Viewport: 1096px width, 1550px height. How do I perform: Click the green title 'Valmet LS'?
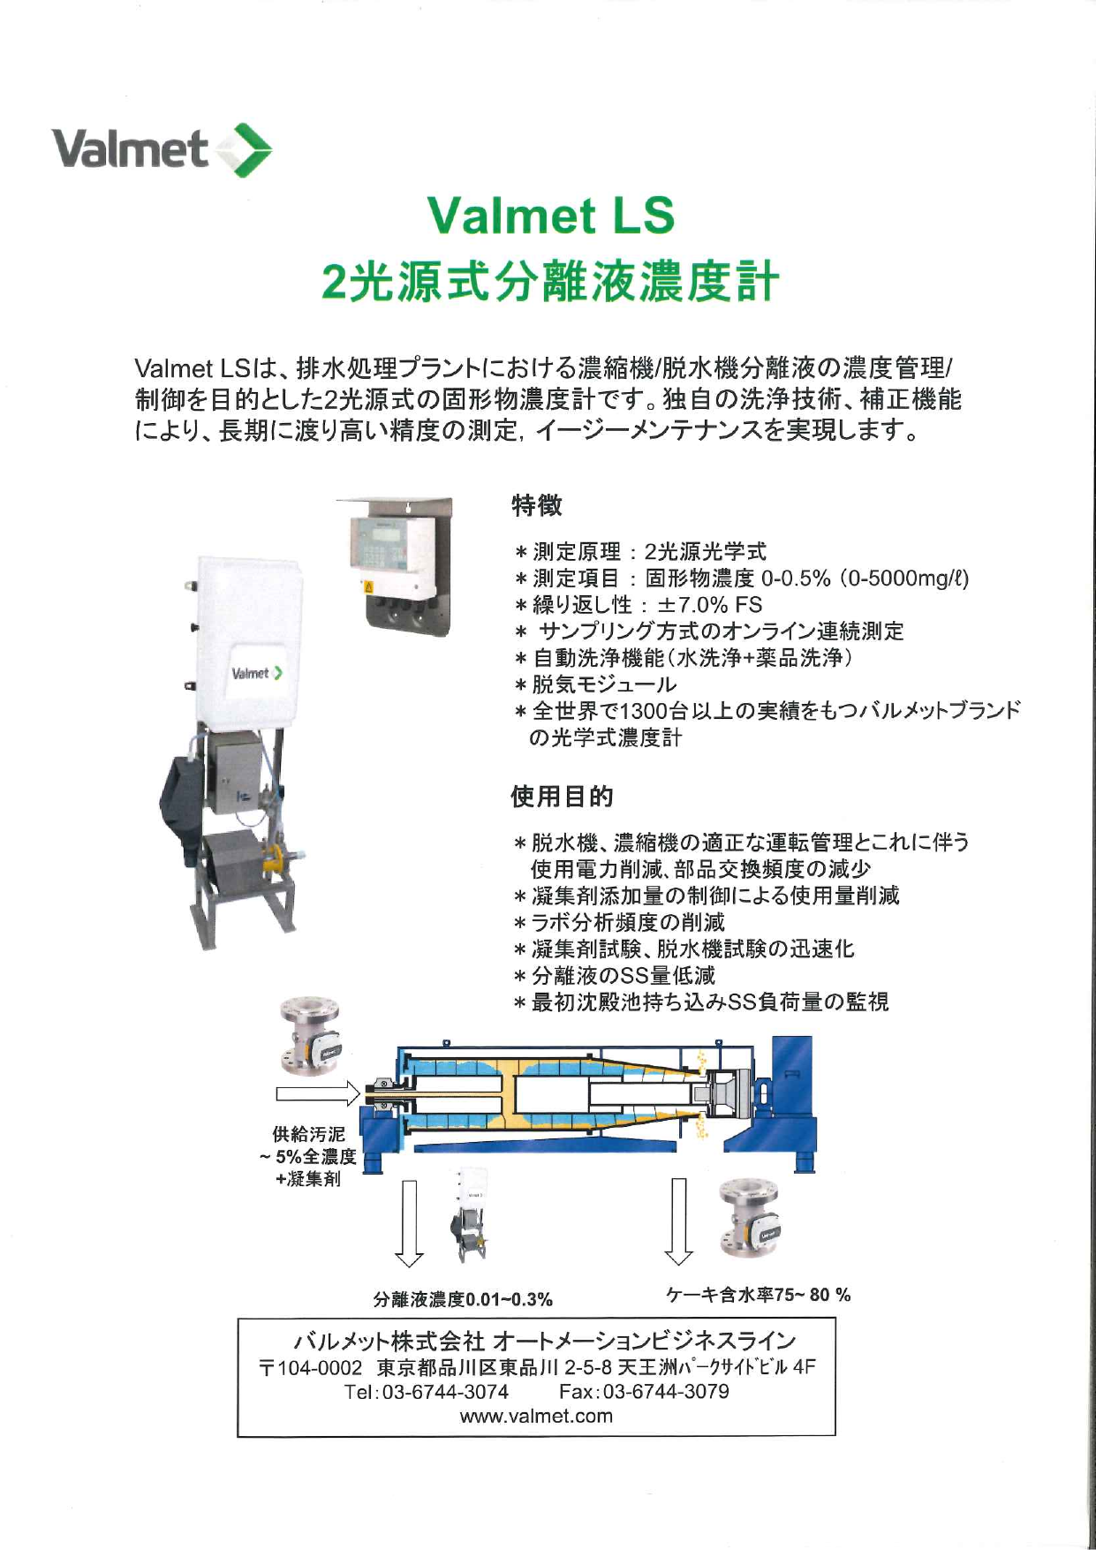click(551, 215)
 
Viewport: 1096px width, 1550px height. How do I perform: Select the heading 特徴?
click(536, 506)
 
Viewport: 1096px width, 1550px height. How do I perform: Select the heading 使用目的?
click(562, 797)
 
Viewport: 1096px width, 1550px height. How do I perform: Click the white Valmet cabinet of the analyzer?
click(248, 640)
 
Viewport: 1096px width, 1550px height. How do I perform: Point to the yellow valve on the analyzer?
click(277, 858)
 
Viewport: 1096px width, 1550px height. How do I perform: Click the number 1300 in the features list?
click(646, 711)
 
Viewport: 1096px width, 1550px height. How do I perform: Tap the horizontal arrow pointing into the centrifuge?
click(318, 1094)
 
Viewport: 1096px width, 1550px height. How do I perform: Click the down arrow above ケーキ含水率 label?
click(678, 1221)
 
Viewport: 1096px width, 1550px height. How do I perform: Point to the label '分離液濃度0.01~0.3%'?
click(463, 1299)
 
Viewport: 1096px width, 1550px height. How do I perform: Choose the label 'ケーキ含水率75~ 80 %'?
click(759, 1295)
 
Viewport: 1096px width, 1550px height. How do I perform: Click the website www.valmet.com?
click(536, 1416)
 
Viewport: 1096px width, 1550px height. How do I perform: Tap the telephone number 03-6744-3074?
click(445, 1392)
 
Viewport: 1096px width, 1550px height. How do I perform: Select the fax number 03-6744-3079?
click(666, 1392)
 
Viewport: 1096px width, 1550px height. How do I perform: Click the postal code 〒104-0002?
click(309, 1368)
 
